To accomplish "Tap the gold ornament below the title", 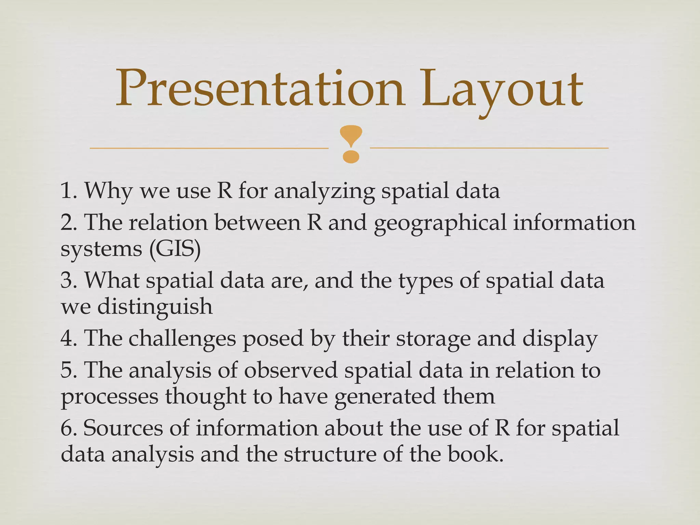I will coord(351,144).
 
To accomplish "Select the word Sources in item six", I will coord(123,428).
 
